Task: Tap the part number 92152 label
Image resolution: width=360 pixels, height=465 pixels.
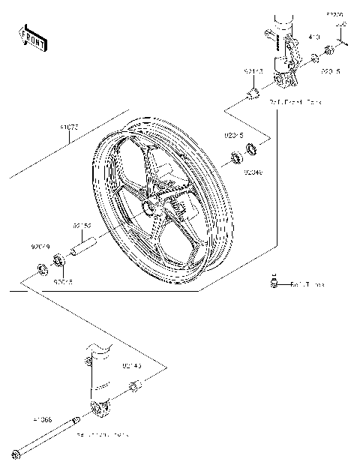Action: (x=82, y=224)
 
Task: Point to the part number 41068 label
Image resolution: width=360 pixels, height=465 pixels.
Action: (x=42, y=421)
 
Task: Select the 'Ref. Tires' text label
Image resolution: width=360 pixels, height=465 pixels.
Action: (x=307, y=285)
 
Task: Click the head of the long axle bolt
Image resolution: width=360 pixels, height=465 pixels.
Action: (x=16, y=452)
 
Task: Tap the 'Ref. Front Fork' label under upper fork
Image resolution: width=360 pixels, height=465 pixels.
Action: (x=296, y=101)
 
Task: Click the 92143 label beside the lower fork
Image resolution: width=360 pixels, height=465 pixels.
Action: (x=132, y=366)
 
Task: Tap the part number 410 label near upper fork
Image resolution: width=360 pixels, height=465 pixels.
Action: (x=314, y=36)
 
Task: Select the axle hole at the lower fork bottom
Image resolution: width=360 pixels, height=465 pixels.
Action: (x=96, y=408)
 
